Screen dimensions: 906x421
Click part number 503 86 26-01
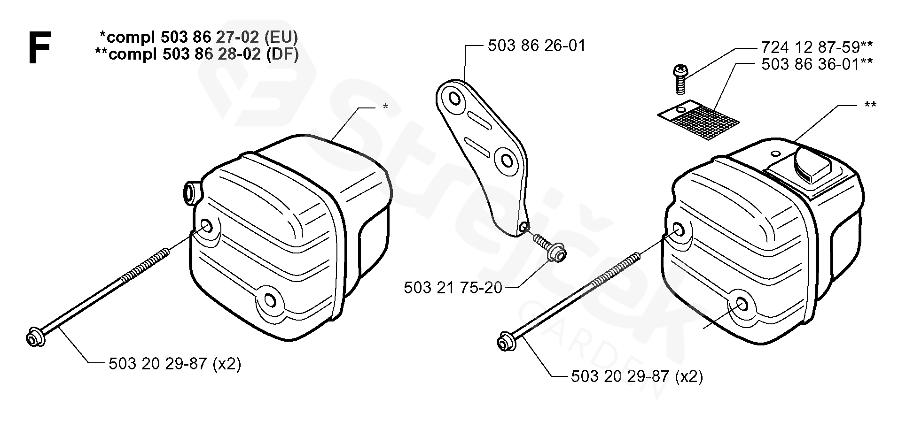tap(537, 46)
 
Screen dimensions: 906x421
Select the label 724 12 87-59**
tap(817, 47)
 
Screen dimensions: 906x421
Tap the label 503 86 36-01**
tap(817, 64)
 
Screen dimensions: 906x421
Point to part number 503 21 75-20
tap(453, 287)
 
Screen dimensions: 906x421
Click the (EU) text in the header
tap(281, 37)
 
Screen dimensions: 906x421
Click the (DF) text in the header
tap(282, 54)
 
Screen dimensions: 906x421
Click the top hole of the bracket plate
tap(455, 99)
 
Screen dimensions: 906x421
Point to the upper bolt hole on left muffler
tap(206, 226)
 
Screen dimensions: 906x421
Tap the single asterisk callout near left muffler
tap(385, 107)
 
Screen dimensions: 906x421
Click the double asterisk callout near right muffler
tap(870, 105)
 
